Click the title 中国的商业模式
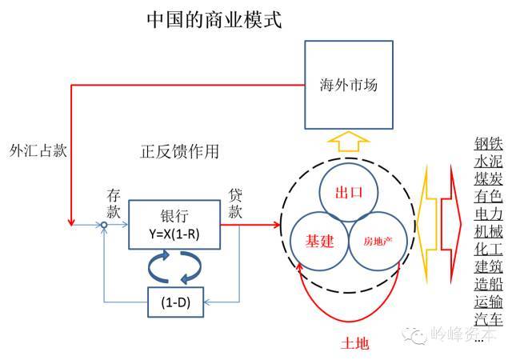214,20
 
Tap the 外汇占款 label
38,150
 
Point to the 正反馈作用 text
179,151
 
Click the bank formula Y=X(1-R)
174,234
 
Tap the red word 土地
355,344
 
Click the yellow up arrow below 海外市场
349,142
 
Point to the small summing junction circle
104,225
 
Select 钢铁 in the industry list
489,144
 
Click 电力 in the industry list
489,214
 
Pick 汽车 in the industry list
489,319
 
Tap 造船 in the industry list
489,284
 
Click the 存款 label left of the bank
114,204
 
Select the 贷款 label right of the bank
235,203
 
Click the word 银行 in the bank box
174,216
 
